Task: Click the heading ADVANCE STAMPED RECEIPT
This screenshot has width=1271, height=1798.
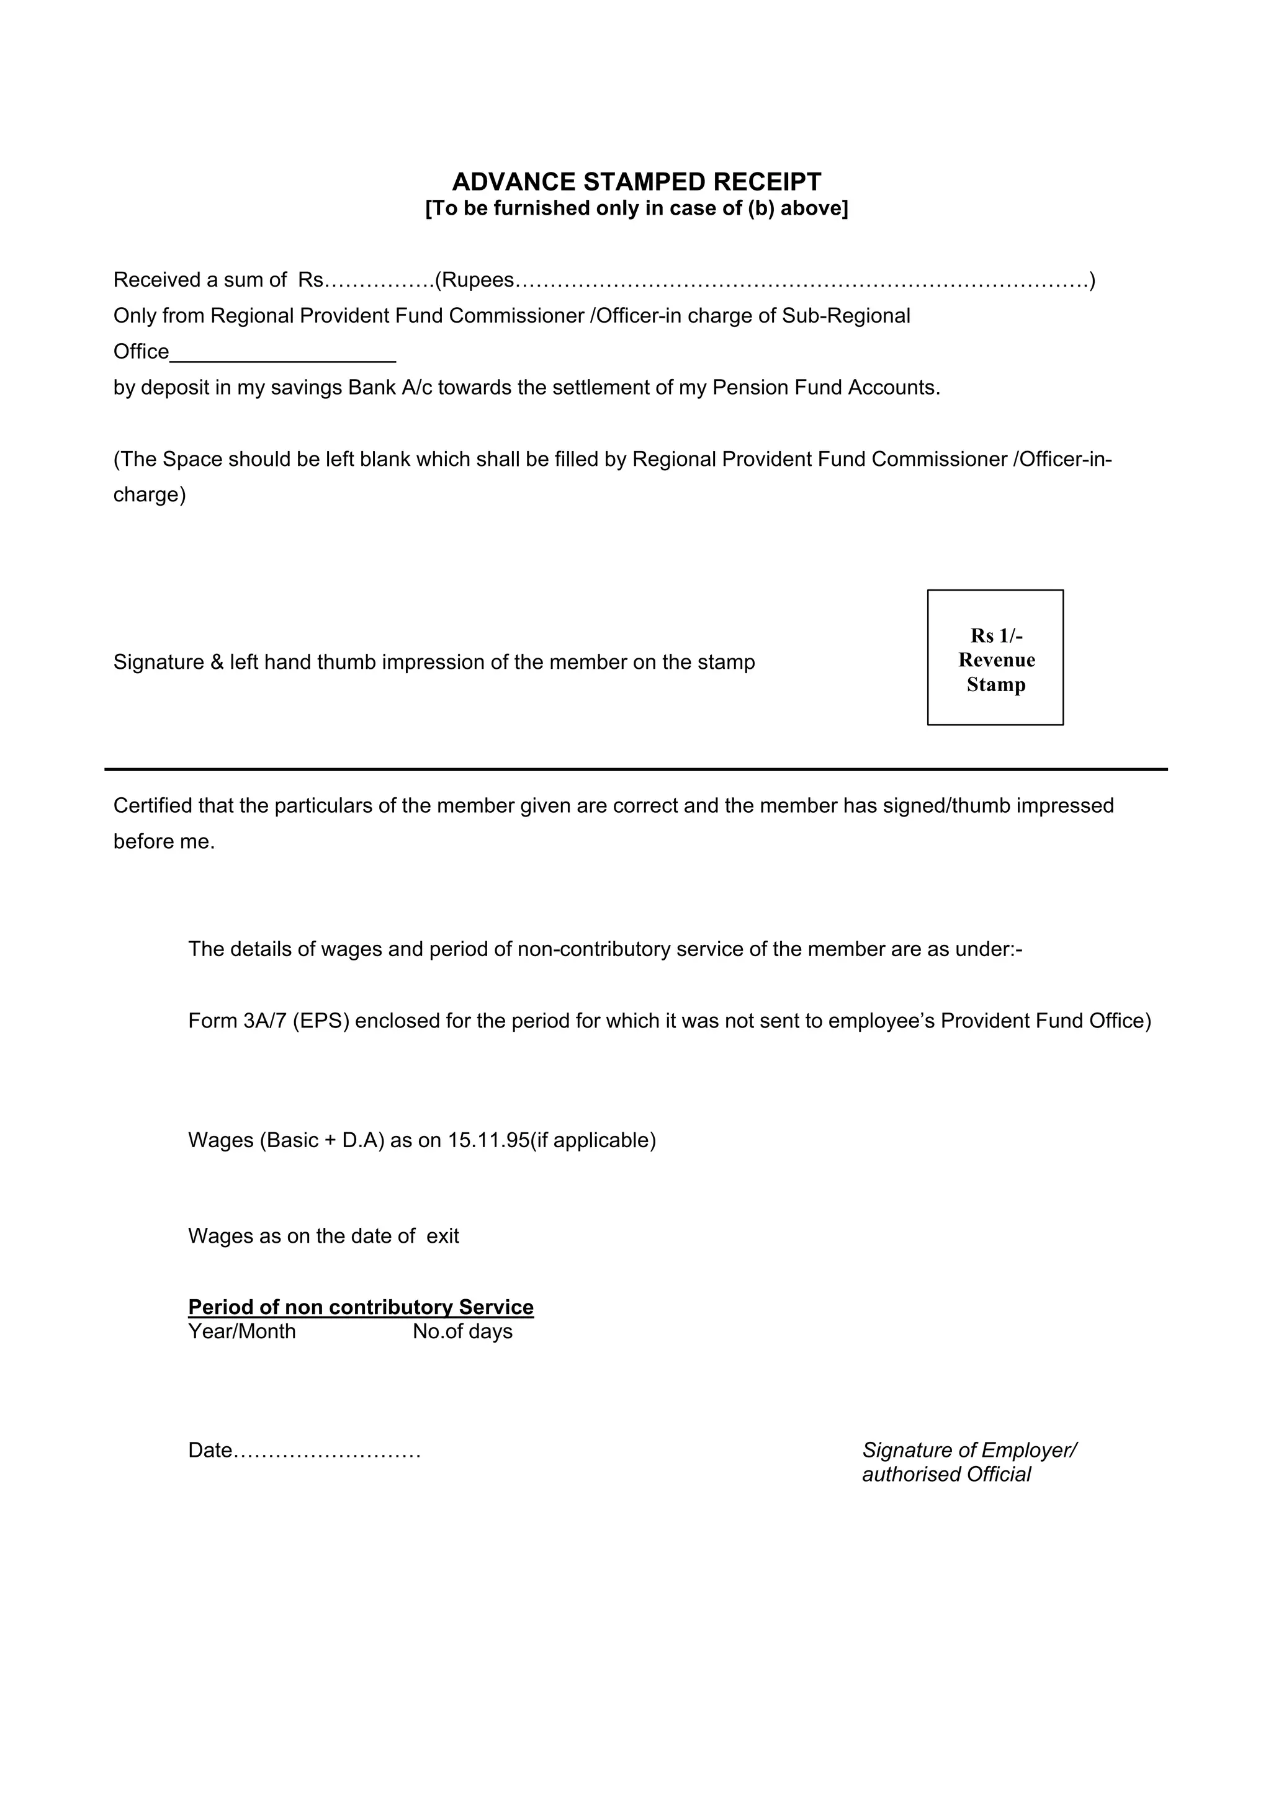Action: pyautogui.click(x=636, y=182)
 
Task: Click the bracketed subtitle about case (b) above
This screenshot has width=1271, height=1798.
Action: pyautogui.click(x=636, y=208)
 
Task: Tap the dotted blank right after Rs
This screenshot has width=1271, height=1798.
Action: pyautogui.click(x=379, y=280)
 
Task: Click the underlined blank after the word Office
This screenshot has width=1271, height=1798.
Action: pyautogui.click(x=283, y=354)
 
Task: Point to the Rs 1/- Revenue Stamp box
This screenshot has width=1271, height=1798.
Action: pyautogui.click(x=995, y=658)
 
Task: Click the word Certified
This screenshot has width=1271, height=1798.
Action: pyautogui.click(x=153, y=806)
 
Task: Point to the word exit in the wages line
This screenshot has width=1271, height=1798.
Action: pyautogui.click(x=442, y=1236)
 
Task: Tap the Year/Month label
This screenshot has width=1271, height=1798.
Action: pyautogui.click(x=242, y=1331)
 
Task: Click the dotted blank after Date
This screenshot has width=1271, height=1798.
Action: pyautogui.click(x=327, y=1451)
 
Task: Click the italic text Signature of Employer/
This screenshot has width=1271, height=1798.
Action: pyautogui.click(x=969, y=1451)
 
